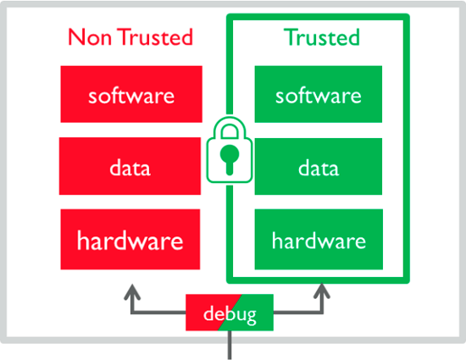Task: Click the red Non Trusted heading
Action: [130, 36]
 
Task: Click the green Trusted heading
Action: [322, 36]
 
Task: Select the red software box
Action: [131, 94]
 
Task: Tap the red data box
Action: [130, 166]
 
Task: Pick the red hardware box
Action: [130, 240]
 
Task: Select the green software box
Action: [319, 94]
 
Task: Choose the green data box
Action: [319, 166]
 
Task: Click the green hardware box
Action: [319, 240]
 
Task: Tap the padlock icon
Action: [230, 150]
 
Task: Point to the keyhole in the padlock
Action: [230, 159]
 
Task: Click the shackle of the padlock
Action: [230, 126]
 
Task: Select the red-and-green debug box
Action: [230, 313]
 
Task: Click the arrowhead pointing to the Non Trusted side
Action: [132, 291]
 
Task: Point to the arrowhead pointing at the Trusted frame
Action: [322, 291]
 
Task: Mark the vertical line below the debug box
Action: [230, 345]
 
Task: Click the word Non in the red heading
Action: [90, 37]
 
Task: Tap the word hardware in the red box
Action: [130, 240]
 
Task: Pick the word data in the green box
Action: [319, 168]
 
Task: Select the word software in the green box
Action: [319, 96]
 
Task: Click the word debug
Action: [230, 314]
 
